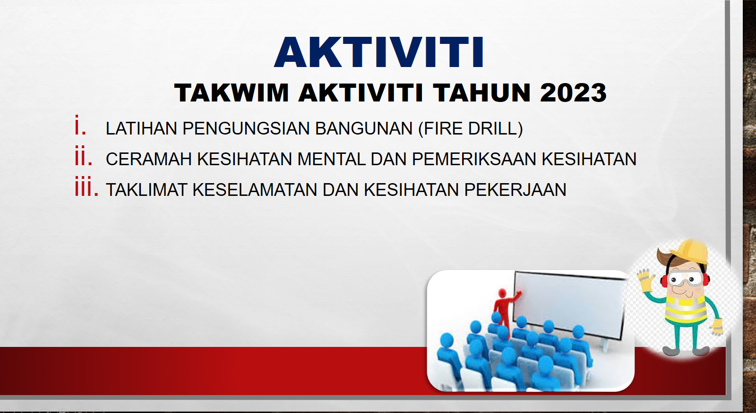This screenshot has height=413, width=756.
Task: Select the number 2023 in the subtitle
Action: tap(573, 93)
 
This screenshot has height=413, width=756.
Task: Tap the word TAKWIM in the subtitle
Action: tap(232, 93)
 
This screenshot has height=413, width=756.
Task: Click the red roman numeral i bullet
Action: tap(80, 125)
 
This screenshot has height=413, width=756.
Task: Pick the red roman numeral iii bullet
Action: tap(86, 186)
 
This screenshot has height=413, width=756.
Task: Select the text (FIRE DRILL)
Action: tap(471, 128)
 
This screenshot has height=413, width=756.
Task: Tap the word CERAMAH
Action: tap(149, 159)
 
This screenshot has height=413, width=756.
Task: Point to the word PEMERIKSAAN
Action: tap(474, 159)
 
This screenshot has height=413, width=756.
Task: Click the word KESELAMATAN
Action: tap(255, 189)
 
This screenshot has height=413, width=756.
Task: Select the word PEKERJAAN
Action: tap(515, 189)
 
